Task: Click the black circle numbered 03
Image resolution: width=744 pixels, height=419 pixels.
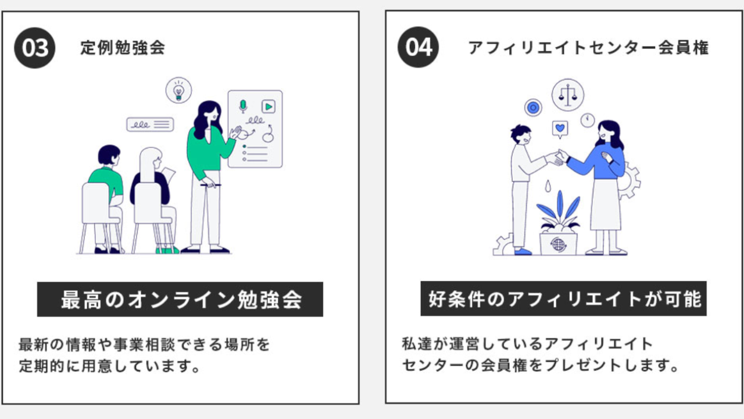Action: (x=35, y=48)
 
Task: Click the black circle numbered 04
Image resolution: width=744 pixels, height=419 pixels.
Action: (x=419, y=47)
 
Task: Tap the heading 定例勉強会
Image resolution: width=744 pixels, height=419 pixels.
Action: (x=123, y=48)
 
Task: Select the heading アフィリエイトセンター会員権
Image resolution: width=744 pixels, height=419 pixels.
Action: (x=588, y=48)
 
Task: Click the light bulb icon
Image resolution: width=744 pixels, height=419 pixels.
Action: (x=178, y=91)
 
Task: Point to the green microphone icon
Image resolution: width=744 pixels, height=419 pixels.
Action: (x=243, y=106)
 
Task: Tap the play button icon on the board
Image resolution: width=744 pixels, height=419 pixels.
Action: (x=268, y=106)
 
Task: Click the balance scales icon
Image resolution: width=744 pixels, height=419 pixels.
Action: (x=568, y=94)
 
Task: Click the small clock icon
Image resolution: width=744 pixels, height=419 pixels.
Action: (x=588, y=120)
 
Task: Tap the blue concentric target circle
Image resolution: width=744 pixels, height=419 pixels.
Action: (x=532, y=107)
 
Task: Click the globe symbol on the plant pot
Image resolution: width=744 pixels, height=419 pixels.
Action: (x=558, y=244)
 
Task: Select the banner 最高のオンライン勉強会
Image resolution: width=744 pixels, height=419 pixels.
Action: (x=180, y=300)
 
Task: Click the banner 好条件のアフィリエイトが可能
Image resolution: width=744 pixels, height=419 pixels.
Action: (x=563, y=299)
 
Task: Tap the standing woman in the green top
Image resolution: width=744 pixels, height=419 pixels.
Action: (x=208, y=169)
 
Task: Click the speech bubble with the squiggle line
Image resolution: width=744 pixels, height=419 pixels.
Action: (x=150, y=124)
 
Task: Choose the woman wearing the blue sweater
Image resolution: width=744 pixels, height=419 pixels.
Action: (x=604, y=180)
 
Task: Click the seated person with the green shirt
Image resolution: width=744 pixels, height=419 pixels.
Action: (x=106, y=186)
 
